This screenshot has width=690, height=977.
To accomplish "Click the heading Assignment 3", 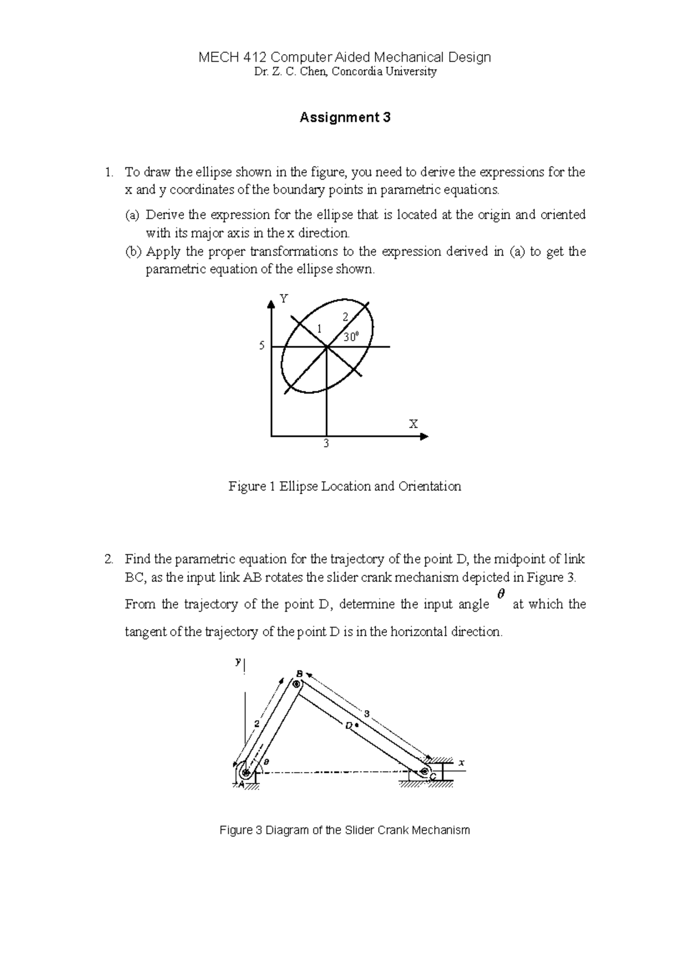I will tap(345, 118).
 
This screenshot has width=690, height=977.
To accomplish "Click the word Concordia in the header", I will tap(355, 72).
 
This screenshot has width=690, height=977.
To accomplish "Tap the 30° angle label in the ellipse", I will tap(351, 337).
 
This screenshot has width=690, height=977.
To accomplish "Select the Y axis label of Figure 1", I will tap(283, 298).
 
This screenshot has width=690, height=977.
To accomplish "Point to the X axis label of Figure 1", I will tap(413, 425).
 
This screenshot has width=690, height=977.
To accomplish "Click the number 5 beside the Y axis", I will tap(262, 346).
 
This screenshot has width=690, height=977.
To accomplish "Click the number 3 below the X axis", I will tap(326, 444).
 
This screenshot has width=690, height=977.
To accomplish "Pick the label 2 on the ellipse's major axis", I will tap(345, 316).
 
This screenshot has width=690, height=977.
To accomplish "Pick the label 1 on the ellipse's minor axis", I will tap(318, 328).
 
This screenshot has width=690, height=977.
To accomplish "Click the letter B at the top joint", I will tap(299, 673).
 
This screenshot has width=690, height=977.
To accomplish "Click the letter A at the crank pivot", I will tap(241, 784).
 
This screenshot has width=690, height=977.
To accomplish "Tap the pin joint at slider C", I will tap(425, 771).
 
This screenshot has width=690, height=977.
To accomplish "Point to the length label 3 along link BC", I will tap(366, 714).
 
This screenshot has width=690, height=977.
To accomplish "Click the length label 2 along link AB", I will tap(257, 723).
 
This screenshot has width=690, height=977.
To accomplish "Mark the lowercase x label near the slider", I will tap(461, 762).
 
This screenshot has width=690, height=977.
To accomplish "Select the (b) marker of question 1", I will tap(132, 252).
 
